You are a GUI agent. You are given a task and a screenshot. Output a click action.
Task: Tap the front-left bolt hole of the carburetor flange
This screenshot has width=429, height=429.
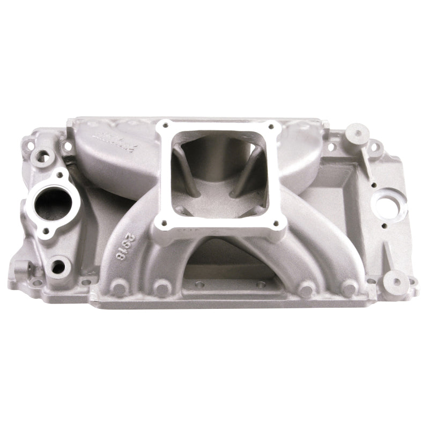click(157, 220)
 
